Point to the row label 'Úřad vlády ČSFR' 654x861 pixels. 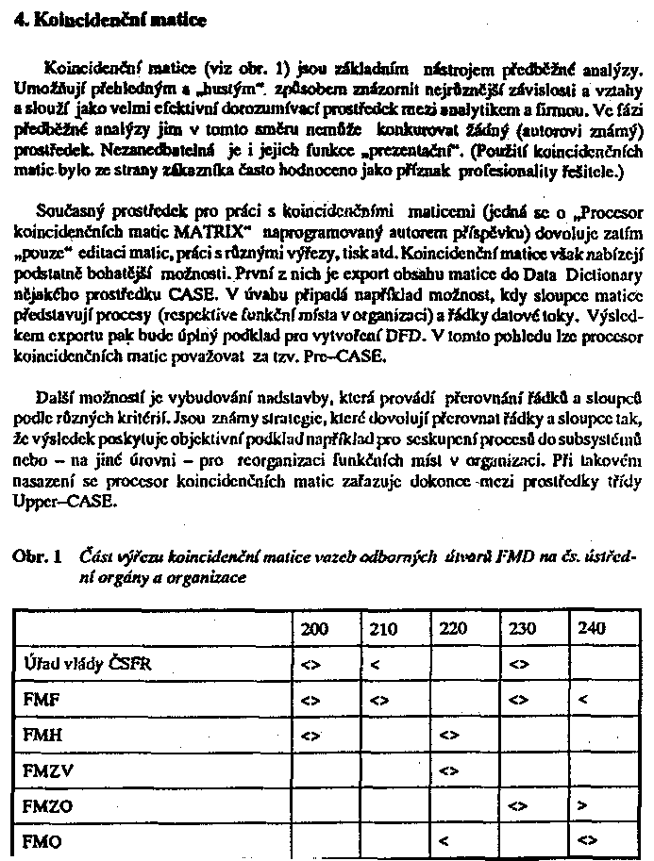point(88,664)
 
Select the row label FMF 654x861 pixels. point(38,700)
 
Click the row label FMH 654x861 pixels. point(39,735)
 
